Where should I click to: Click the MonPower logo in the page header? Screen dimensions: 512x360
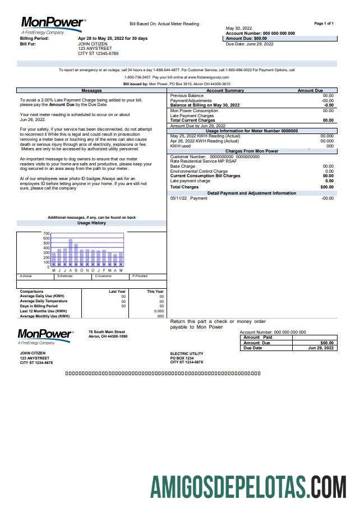(x=53, y=24)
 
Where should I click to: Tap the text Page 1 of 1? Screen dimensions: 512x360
(x=324, y=24)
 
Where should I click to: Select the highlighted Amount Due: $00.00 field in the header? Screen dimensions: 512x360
(x=246, y=39)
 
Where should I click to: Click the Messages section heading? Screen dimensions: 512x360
(x=91, y=90)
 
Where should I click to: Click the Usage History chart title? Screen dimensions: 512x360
(x=91, y=223)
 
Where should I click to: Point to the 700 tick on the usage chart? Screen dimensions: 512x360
(x=47, y=233)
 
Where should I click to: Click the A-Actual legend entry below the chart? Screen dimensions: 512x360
(x=26, y=276)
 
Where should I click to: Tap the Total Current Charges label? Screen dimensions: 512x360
(x=192, y=120)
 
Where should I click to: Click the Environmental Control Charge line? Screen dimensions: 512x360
(x=199, y=171)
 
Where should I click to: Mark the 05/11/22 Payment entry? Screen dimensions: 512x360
(x=188, y=198)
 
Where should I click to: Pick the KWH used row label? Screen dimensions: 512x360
(x=180, y=146)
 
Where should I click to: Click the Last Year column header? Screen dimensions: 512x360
(x=117, y=292)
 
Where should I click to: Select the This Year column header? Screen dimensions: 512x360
(x=155, y=292)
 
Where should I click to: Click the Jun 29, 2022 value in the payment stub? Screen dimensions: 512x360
(x=321, y=348)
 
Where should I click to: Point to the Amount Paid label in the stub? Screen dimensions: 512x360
(x=257, y=337)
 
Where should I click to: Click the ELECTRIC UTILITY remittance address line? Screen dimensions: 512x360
(x=187, y=354)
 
